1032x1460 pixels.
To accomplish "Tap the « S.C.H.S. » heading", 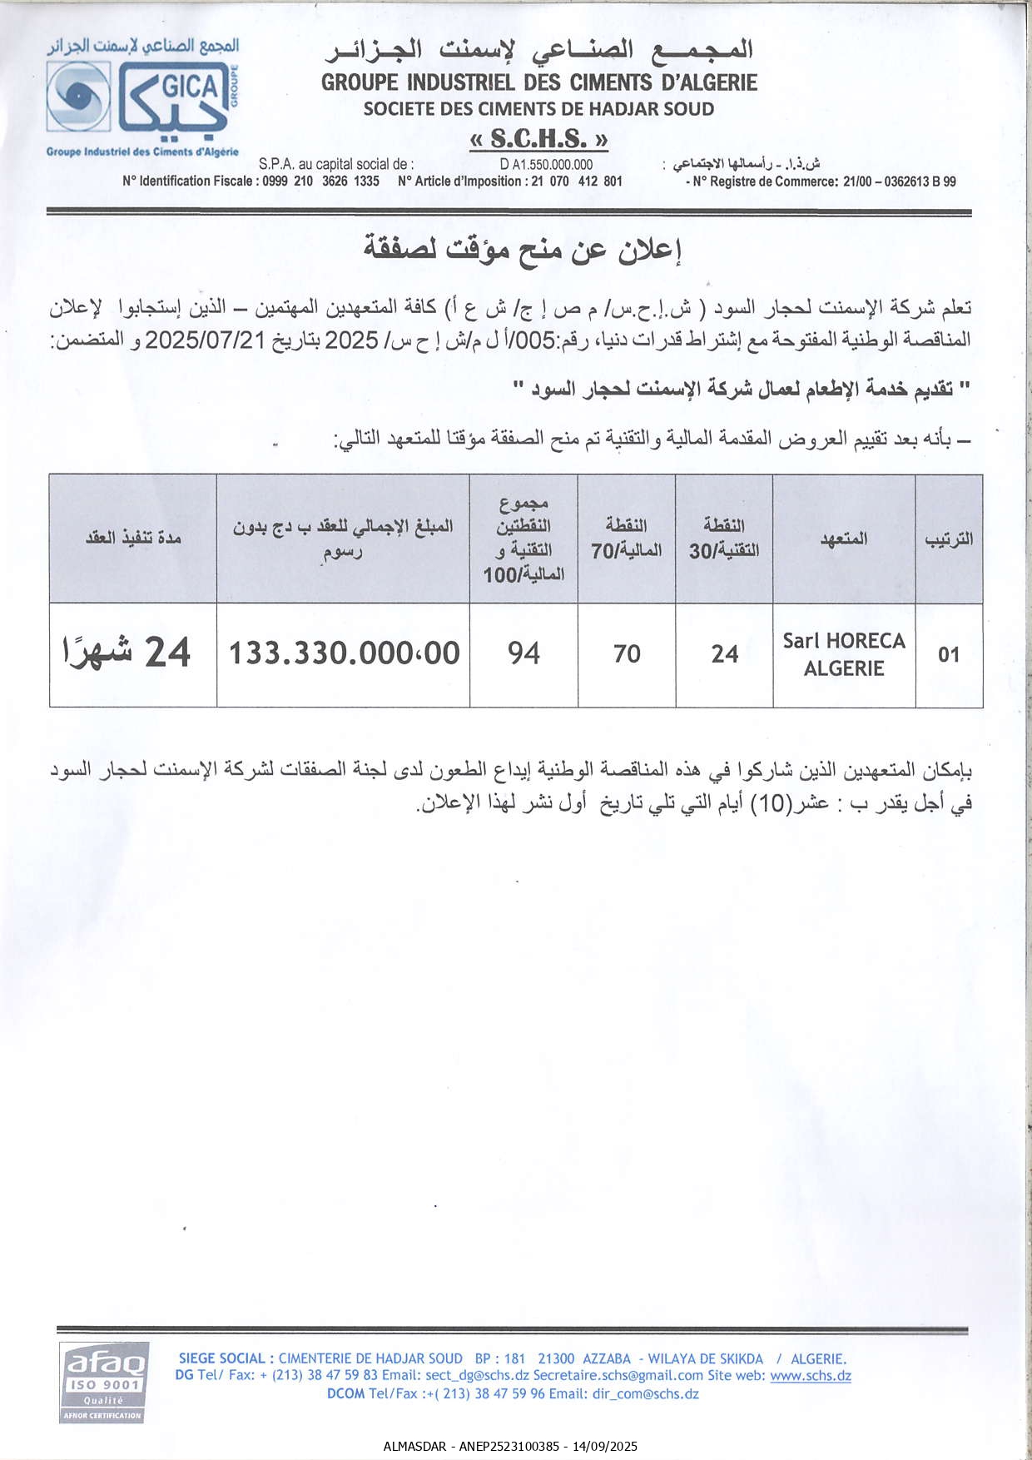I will pos(538,138).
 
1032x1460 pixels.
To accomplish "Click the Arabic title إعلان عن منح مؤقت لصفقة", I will pos(522,248).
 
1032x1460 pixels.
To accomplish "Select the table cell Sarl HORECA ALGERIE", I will pos(843,654).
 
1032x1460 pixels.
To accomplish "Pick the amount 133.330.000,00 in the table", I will pos(344,653).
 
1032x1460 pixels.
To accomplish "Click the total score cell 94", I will pos(523,653).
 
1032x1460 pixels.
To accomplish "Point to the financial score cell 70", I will pos(627,654).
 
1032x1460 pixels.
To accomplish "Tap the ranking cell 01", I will pos(949,655).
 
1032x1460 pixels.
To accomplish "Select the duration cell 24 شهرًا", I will pos(127,653).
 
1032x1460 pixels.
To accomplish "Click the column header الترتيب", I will pos(949,539).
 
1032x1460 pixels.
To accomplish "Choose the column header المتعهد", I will pos(843,539).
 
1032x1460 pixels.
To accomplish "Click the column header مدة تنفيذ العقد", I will pos(133,538).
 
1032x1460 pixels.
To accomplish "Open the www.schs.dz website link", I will pos(810,1376).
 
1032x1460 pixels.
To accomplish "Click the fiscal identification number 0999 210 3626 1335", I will pos(320,181).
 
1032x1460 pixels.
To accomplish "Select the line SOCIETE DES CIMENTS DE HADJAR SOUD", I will pos(538,109).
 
